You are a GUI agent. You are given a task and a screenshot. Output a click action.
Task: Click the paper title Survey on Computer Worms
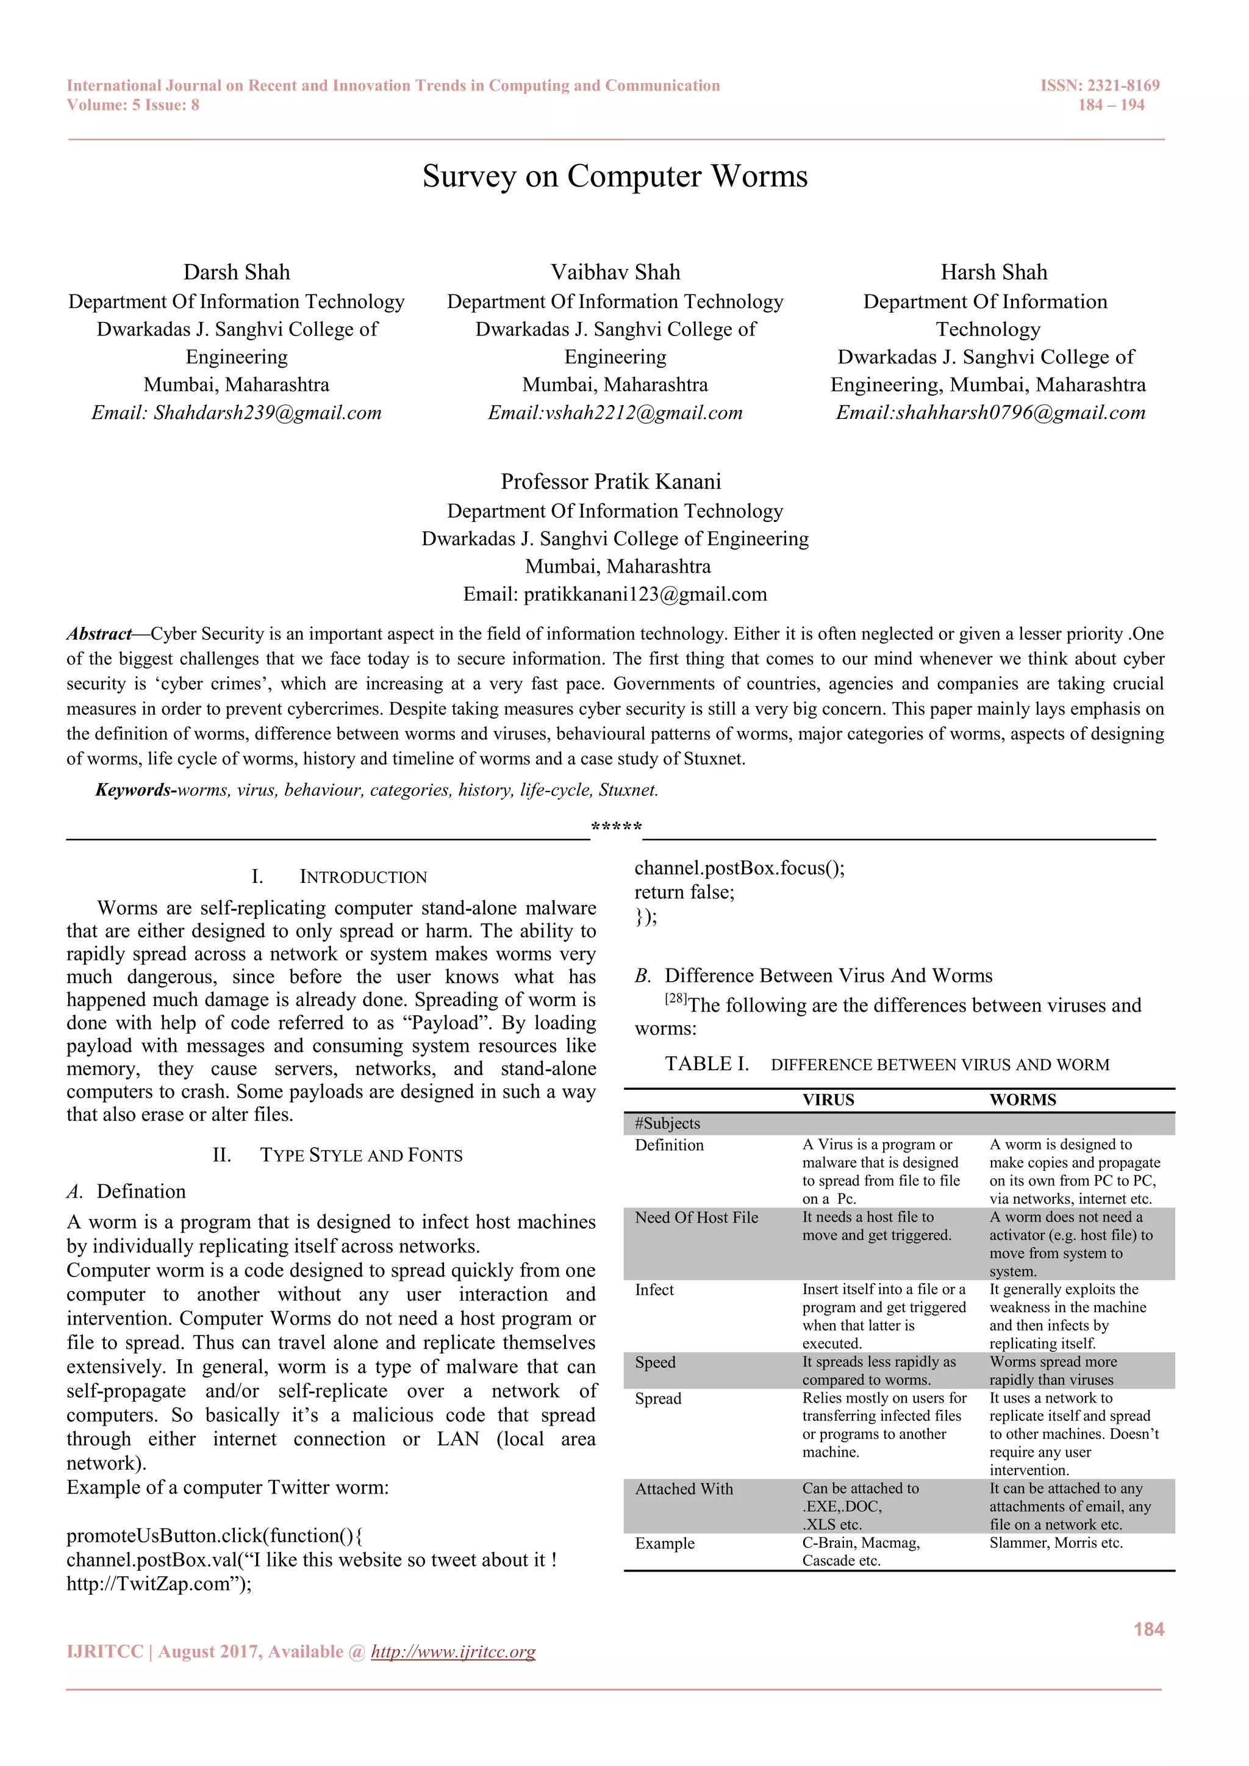coord(615,176)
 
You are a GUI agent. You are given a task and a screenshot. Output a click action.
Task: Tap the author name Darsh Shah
coord(236,273)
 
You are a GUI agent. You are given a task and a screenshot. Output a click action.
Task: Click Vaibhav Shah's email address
coord(615,413)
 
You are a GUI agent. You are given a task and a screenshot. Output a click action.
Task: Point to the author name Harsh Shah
coord(993,273)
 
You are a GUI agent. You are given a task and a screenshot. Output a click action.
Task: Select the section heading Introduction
coord(362,877)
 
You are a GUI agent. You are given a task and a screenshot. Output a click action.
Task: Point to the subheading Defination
coord(141,1192)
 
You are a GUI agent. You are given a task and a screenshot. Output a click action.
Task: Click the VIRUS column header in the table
coord(828,1100)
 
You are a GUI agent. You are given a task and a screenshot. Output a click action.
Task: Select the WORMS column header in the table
coord(1022,1100)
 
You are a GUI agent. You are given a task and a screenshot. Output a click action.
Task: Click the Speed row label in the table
coord(655,1362)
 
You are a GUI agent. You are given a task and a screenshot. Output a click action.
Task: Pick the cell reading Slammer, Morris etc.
coord(1055,1543)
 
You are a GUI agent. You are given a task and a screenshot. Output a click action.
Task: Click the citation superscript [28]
coord(676,999)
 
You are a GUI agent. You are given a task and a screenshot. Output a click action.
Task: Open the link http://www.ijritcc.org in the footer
coord(453,1652)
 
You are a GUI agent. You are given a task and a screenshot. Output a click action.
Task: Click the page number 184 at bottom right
coord(1148,1629)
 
